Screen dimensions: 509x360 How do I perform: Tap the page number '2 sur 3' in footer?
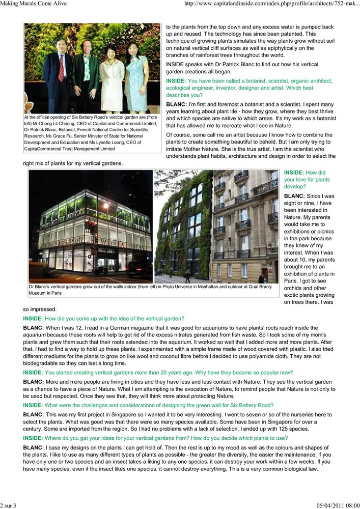pos(9,505)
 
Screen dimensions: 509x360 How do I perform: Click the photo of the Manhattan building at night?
pos(91,227)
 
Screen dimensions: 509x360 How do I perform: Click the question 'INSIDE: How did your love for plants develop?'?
pos(307,180)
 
